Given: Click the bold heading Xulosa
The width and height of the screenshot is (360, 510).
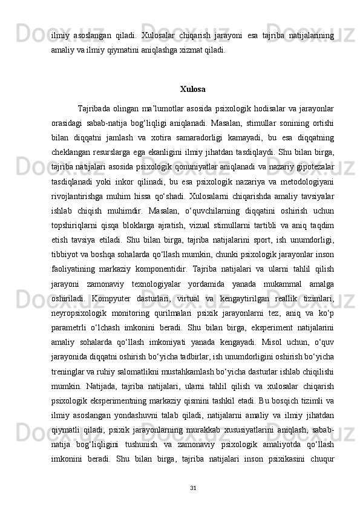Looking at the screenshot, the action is (x=192, y=90).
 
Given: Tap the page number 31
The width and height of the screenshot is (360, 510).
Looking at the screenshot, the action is (x=192, y=488).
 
